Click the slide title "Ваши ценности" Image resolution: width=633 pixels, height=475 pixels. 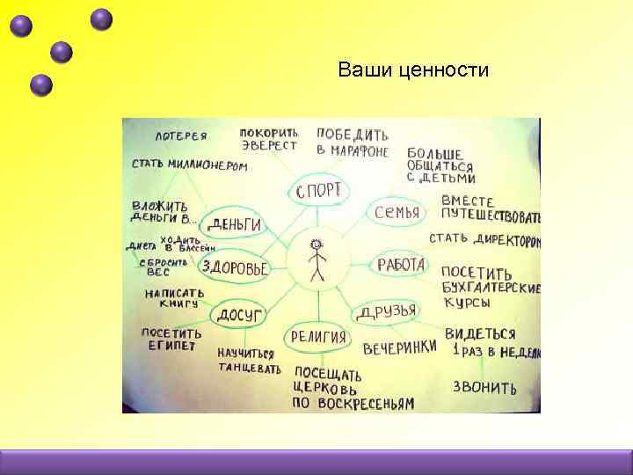point(413,69)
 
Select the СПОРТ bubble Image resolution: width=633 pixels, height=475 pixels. point(318,191)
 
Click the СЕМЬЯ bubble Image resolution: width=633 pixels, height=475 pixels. point(397,212)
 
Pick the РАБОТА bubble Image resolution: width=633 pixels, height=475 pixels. point(402,265)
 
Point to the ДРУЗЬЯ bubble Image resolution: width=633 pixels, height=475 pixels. point(387,311)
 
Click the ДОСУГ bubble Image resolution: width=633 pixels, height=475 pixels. point(236,313)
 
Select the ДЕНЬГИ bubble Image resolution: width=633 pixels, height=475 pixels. point(235,224)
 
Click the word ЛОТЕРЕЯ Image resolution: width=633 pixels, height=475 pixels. point(181,136)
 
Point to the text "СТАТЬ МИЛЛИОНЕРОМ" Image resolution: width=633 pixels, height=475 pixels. point(190,165)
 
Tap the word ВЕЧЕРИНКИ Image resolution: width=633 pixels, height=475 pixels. point(399,347)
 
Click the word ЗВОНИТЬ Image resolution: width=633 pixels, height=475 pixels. point(484,387)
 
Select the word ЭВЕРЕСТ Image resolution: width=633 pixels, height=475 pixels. point(268,146)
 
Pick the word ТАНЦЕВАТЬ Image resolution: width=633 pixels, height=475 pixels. point(251,368)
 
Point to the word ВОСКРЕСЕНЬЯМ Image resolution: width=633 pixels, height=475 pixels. point(353,404)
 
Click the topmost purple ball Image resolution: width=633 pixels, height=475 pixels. point(102,18)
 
